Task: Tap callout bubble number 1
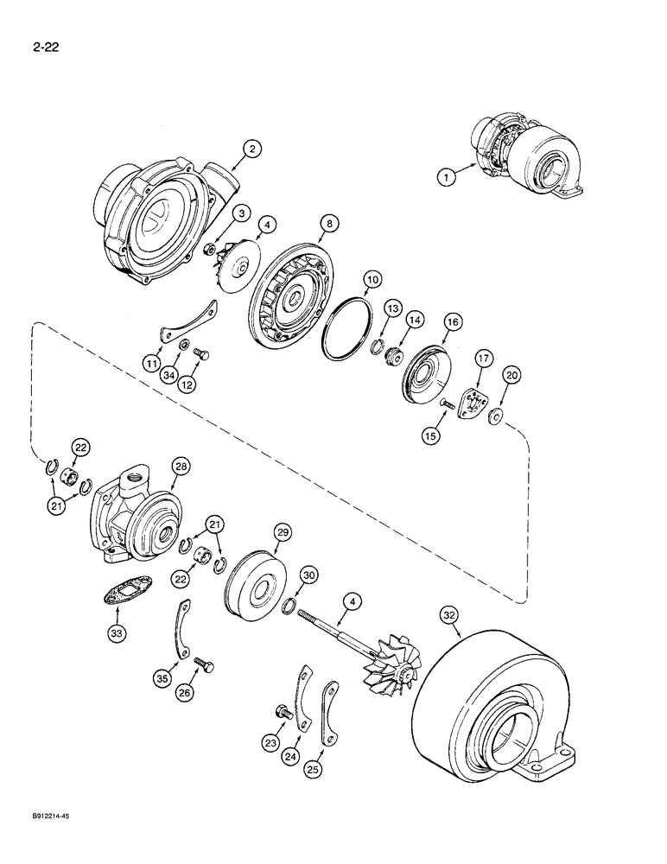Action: (x=447, y=177)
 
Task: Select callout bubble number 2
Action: (x=251, y=149)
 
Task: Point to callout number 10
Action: (x=371, y=279)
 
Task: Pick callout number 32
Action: (x=448, y=615)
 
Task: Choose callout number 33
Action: (x=115, y=633)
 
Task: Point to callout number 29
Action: (x=283, y=533)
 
